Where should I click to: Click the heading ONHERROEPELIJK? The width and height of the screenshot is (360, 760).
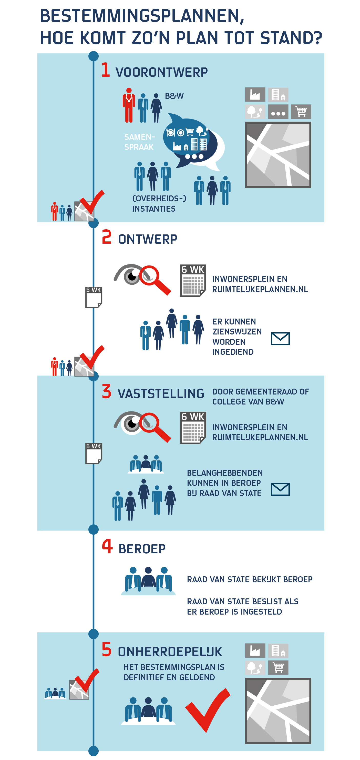[170, 652]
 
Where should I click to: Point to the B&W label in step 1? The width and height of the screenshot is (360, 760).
[174, 96]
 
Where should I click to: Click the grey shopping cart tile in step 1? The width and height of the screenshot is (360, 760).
[301, 112]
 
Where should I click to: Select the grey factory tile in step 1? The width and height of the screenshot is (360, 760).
[255, 94]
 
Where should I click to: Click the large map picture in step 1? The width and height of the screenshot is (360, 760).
[278, 155]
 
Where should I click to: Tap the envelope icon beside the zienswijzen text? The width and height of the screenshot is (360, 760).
[280, 338]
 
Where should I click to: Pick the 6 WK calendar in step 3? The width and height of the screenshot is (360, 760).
[193, 428]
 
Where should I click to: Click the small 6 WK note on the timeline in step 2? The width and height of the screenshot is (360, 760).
[94, 297]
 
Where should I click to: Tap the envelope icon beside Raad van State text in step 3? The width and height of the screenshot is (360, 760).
[280, 489]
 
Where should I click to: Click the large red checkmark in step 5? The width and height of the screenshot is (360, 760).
[208, 710]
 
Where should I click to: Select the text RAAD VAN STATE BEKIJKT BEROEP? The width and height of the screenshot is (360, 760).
[249, 579]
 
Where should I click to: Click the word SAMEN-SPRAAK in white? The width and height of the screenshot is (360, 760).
[139, 142]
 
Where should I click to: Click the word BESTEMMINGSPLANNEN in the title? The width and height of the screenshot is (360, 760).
[142, 16]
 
